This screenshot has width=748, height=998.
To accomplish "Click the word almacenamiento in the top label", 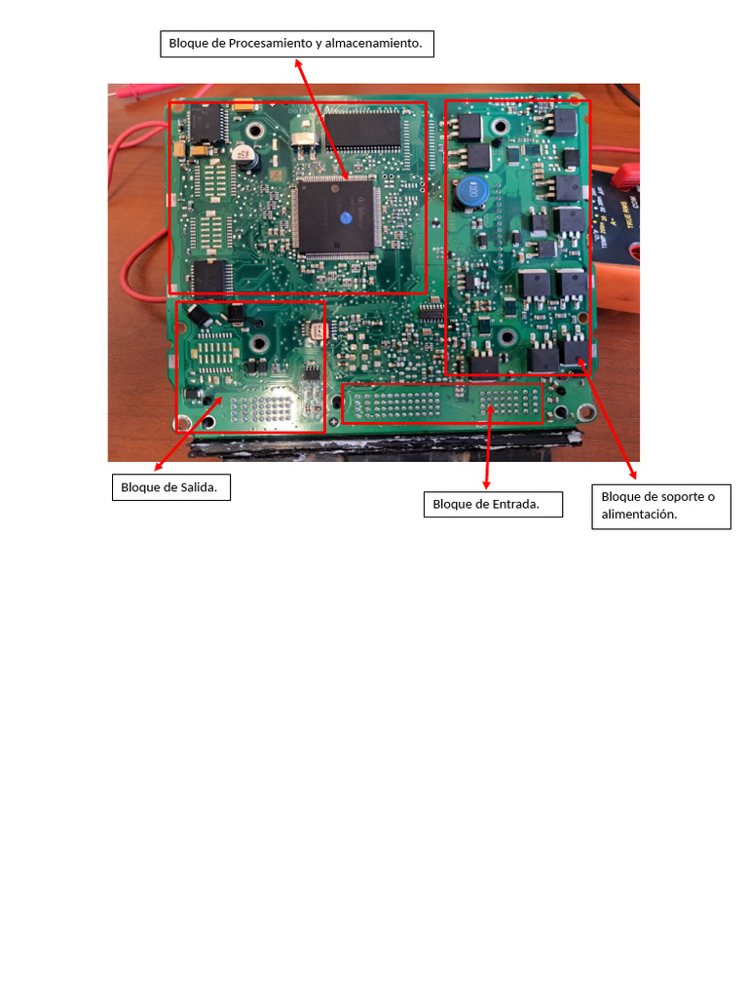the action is pyautogui.click(x=373, y=44).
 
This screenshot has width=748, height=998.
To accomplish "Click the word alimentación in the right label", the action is pyautogui.click(x=639, y=514).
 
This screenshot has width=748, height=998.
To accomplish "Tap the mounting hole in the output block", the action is pyautogui.click(x=259, y=344).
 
